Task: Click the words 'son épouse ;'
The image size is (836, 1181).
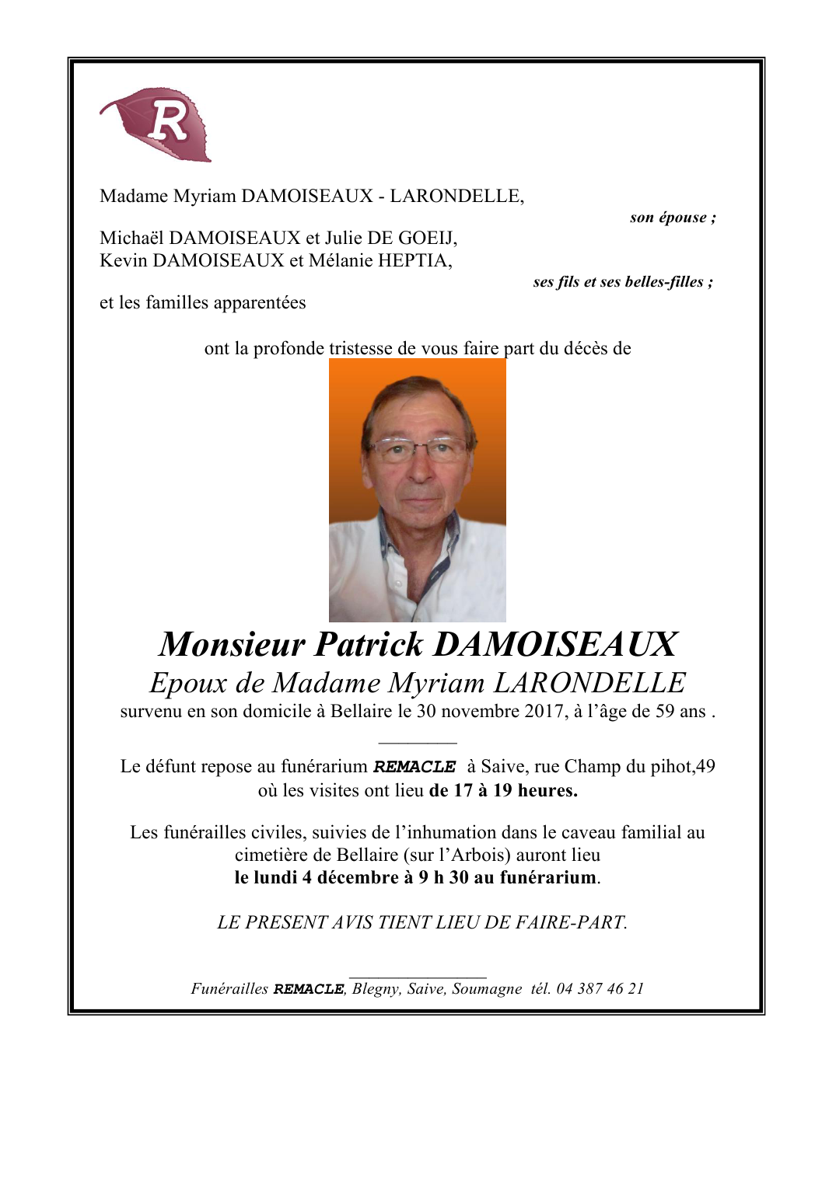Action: pos(673,218)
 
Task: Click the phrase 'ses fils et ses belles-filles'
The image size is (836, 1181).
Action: pos(618,282)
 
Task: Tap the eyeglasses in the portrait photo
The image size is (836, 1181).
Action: pos(417,448)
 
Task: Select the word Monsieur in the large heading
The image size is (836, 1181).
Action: pos(232,645)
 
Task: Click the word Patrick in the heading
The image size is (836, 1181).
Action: pos(369,645)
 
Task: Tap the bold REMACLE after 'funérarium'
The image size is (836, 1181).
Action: pos(415,767)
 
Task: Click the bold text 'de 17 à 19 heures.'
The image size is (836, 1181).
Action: pos(503,791)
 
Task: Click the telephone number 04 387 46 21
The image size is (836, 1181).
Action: pos(600,989)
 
